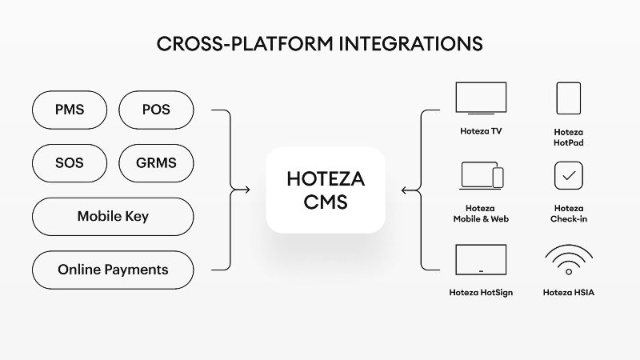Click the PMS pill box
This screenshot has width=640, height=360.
70,110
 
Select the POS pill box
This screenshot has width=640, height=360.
156,110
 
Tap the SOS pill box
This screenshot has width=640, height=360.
70,163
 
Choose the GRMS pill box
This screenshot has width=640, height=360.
156,163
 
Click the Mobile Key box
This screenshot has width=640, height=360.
113,216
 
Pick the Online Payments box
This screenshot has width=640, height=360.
113,270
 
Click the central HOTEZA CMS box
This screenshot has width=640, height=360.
326,190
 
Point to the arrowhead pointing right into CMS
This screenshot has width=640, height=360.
246,190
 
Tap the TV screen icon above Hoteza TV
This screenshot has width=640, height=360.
481,98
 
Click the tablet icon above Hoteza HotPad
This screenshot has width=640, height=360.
568,98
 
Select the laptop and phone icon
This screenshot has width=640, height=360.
482,176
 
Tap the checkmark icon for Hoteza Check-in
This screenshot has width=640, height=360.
568,175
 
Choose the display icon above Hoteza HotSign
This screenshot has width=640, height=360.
481,260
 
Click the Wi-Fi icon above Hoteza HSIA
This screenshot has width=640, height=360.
568,260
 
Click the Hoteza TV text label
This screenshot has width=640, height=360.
481,130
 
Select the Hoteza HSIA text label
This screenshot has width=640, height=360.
568,293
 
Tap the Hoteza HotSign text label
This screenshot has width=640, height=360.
481,293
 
